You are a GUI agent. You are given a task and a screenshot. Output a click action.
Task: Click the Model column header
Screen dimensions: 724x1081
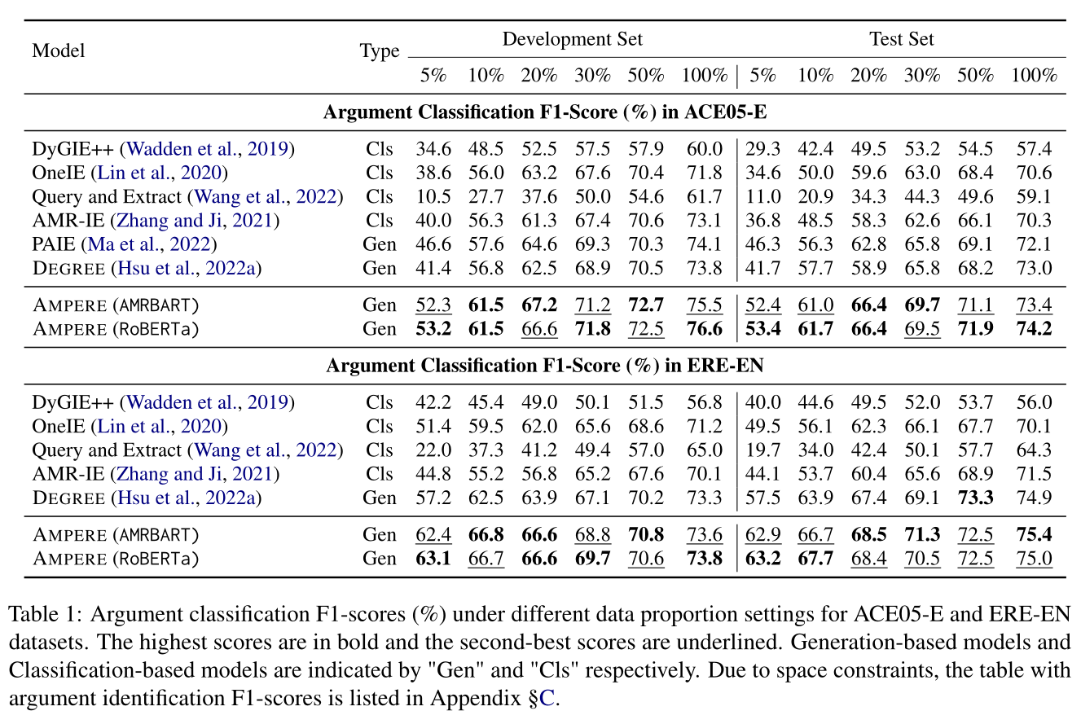pyautogui.click(x=59, y=51)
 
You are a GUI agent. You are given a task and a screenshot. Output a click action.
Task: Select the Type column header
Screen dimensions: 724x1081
pyautogui.click(x=380, y=51)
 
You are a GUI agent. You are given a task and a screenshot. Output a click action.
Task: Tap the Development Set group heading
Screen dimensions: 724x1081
pyautogui.click(x=572, y=39)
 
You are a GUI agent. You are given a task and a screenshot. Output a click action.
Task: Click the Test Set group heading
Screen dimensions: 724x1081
pyautogui.click(x=901, y=39)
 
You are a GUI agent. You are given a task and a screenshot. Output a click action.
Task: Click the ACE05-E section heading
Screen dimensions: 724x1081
pyautogui.click(x=544, y=112)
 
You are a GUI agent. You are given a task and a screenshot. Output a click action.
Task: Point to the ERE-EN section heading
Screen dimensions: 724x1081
pyautogui.click(x=544, y=366)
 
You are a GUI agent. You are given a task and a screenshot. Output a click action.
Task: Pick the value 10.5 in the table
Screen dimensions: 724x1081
pyautogui.click(x=433, y=196)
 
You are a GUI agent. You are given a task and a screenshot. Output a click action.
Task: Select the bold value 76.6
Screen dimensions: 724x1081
pyautogui.click(x=704, y=329)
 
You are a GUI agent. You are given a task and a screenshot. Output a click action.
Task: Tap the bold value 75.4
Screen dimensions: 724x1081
pyautogui.click(x=1033, y=535)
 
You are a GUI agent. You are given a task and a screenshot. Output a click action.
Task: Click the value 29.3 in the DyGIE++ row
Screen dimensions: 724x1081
pyautogui.click(x=762, y=149)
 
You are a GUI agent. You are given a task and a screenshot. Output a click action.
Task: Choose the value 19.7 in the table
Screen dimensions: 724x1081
pyautogui.click(x=762, y=450)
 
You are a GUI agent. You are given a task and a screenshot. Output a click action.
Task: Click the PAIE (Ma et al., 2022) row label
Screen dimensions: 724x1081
pyautogui.click(x=125, y=244)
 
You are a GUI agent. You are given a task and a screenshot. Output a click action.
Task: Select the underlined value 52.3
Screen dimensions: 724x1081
pyautogui.click(x=433, y=305)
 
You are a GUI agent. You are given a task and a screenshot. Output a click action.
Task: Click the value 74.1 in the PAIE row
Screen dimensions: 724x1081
pyautogui.click(x=704, y=244)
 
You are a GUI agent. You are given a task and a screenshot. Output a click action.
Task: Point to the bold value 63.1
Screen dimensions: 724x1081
pyautogui.click(x=433, y=559)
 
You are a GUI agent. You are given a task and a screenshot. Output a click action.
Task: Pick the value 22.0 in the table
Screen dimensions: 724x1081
pyautogui.click(x=433, y=450)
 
